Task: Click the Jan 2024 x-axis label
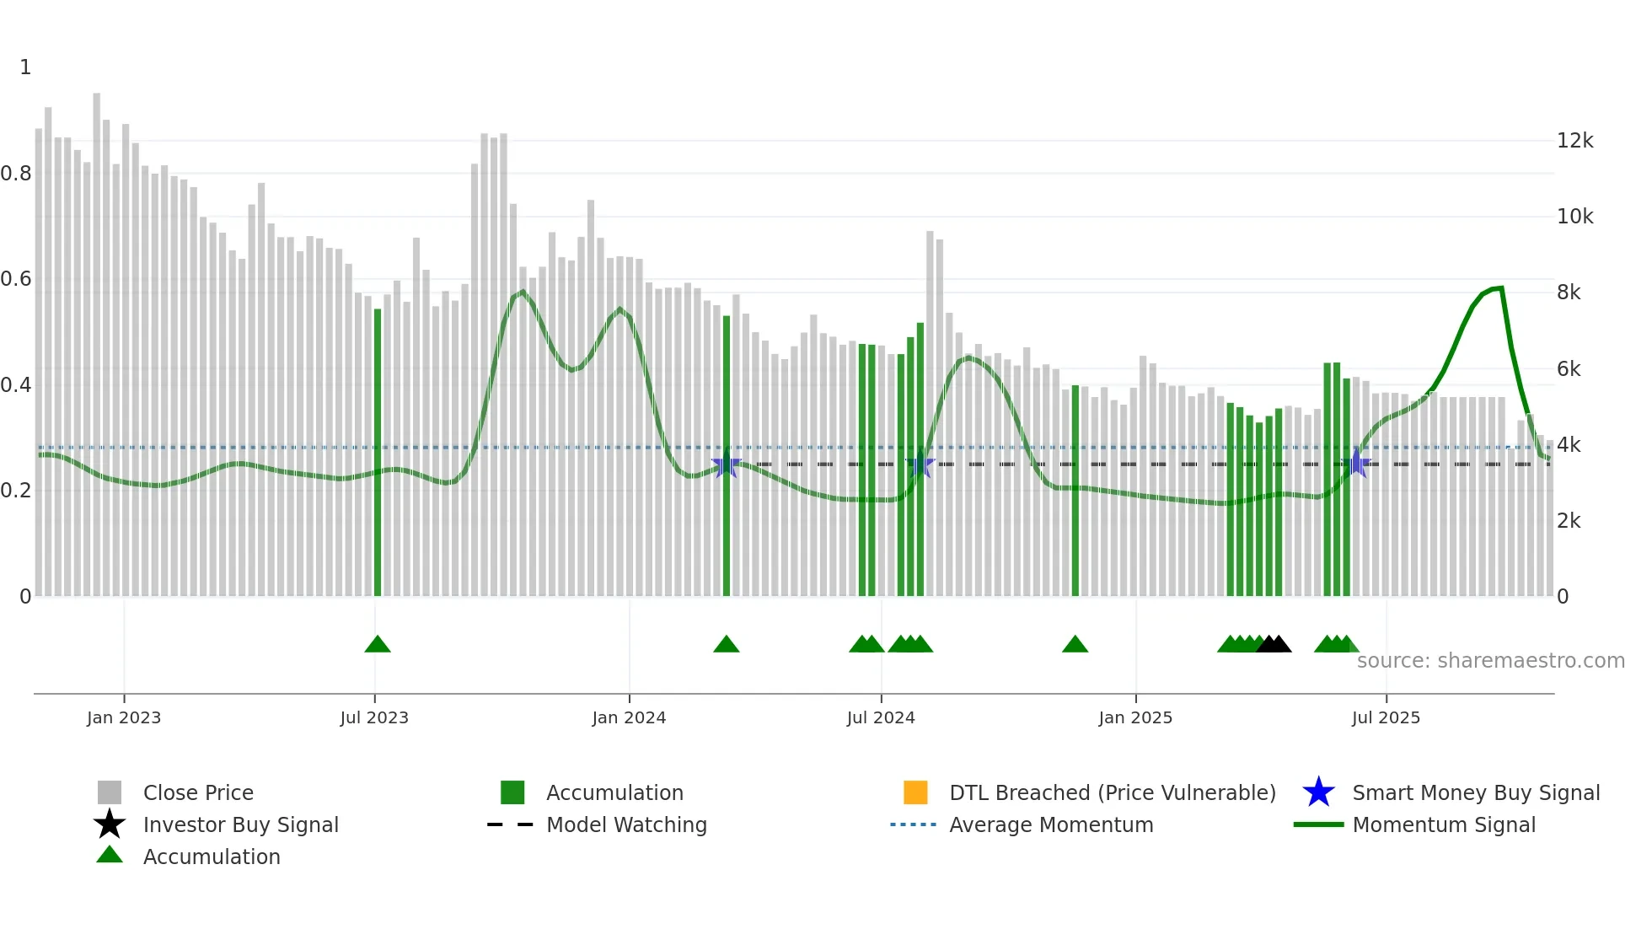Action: pyautogui.click(x=629, y=717)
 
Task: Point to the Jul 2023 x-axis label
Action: pyautogui.click(x=374, y=717)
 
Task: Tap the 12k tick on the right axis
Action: pyautogui.click(x=1574, y=141)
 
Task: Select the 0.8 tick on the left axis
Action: pyautogui.click(x=16, y=174)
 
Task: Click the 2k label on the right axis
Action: pyautogui.click(x=1569, y=521)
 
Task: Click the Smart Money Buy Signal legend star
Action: pyautogui.click(x=1318, y=792)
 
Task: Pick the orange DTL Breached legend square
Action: pyautogui.click(x=915, y=792)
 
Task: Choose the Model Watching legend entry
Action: pyautogui.click(x=626, y=824)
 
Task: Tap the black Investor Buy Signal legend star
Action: pyautogui.click(x=110, y=824)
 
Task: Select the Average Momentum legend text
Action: pyautogui.click(x=1051, y=824)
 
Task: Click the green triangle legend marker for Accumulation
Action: pyautogui.click(x=110, y=855)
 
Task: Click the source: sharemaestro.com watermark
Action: pyautogui.click(x=1490, y=661)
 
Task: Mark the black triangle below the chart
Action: pyautogui.click(x=1274, y=645)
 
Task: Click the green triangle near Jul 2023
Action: pyautogui.click(x=378, y=645)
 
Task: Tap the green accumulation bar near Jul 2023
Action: pyautogui.click(x=378, y=455)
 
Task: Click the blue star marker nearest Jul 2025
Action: pyautogui.click(x=1356, y=464)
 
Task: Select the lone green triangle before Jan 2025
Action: pyautogui.click(x=1075, y=645)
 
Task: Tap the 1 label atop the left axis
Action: pyautogui.click(x=25, y=67)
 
